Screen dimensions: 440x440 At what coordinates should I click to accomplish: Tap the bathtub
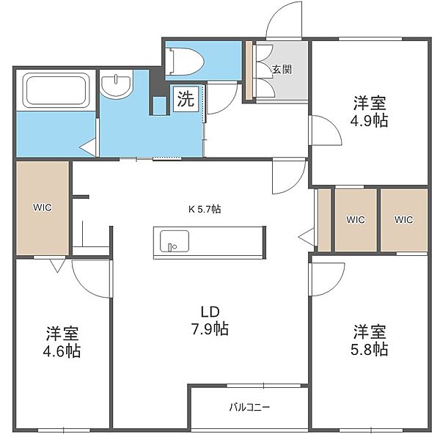(x=56, y=90)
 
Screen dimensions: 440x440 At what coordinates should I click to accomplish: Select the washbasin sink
(x=116, y=84)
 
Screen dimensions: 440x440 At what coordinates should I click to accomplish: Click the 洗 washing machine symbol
(x=186, y=99)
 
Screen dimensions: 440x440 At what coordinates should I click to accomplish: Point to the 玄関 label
(x=282, y=70)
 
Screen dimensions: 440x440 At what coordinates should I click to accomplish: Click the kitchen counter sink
(x=175, y=241)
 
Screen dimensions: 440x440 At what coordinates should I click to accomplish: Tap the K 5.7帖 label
(x=205, y=209)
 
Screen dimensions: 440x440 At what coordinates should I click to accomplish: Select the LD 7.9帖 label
(x=210, y=320)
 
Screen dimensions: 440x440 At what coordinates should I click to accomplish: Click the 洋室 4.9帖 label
(x=370, y=111)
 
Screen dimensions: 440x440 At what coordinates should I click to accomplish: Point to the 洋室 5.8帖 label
(x=370, y=340)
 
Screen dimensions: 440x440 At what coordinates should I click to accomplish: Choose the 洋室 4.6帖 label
(x=62, y=342)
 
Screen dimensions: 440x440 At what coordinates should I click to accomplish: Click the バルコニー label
(x=249, y=407)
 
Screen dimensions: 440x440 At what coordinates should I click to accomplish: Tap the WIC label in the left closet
(x=43, y=208)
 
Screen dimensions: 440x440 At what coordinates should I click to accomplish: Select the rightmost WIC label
(x=403, y=219)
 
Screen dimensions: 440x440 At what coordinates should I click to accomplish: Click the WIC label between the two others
(x=356, y=219)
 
